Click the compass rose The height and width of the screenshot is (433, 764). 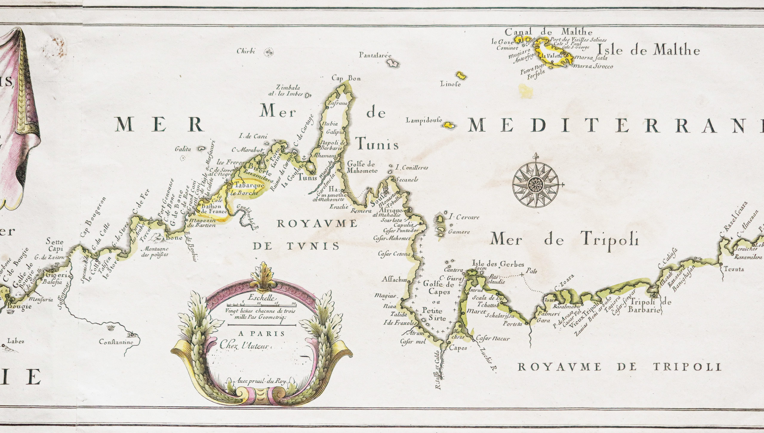pos(536,185)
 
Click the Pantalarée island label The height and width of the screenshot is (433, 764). pos(375,55)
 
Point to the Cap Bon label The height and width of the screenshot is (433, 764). pos(346,78)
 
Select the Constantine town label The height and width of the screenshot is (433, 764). pos(116,342)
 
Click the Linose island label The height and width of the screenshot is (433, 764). pos(450,85)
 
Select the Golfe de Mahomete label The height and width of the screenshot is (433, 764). pos(362,167)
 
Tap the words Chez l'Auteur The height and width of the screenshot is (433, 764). pos(244,346)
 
